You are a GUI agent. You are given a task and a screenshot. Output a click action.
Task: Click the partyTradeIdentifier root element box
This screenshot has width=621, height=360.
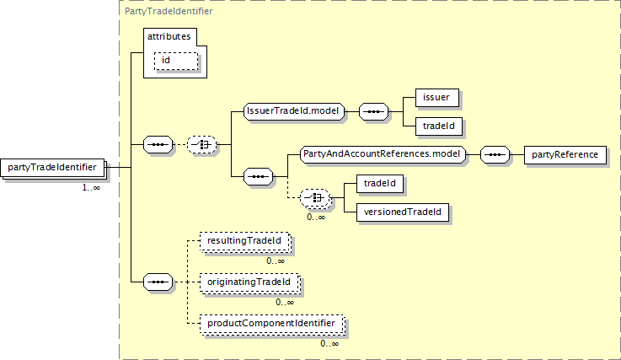tap(57, 167)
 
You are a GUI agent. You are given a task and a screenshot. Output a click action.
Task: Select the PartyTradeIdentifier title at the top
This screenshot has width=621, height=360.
tap(169, 12)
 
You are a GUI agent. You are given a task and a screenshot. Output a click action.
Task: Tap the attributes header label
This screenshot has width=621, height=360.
tap(172, 37)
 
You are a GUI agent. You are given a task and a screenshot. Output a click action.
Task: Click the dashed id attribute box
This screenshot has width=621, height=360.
tap(174, 61)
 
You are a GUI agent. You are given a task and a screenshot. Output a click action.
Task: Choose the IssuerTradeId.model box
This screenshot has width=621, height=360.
tap(291, 111)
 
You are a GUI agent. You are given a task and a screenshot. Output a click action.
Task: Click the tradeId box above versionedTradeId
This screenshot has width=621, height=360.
tap(380, 183)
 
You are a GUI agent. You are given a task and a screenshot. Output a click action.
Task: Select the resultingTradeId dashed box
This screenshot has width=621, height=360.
tap(245, 242)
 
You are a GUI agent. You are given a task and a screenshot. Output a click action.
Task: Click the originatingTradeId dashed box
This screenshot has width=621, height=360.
tap(250, 282)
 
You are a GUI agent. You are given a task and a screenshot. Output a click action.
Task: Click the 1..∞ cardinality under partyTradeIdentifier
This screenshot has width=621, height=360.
tap(91, 187)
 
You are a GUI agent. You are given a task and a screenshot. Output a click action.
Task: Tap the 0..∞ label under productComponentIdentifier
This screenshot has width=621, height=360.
tap(329, 343)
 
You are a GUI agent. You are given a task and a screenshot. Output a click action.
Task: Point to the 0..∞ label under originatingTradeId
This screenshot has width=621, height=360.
tap(284, 302)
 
